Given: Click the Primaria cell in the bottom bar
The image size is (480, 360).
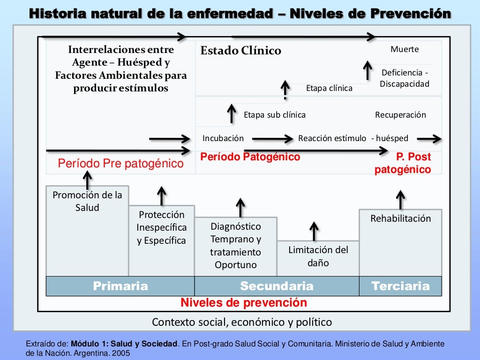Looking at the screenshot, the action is pyautogui.click(x=120, y=286).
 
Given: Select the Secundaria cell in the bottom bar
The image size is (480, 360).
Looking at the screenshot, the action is pyautogui.click(x=277, y=286).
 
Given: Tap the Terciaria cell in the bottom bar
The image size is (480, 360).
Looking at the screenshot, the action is pyautogui.click(x=400, y=286).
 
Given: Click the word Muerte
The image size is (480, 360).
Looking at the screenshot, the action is pyautogui.click(x=405, y=49).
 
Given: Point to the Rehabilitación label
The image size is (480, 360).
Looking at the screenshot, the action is pyautogui.click(x=400, y=218).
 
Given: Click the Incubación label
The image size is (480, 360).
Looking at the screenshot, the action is pyautogui.click(x=223, y=138).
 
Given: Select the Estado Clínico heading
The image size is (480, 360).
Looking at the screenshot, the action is pyautogui.click(x=240, y=51).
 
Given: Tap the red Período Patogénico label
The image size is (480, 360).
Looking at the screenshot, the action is pyautogui.click(x=250, y=157).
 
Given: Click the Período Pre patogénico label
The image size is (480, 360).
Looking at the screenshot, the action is pyautogui.click(x=120, y=164).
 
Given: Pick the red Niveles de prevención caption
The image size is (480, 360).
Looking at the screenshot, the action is pyautogui.click(x=244, y=303).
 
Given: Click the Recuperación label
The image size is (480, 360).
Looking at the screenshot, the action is pyautogui.click(x=400, y=115).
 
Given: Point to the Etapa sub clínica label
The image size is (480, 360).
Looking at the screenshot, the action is pyautogui.click(x=274, y=115).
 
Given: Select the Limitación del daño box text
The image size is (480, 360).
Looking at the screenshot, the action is pyautogui.click(x=318, y=256).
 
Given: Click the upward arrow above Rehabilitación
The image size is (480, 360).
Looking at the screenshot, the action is pyautogui.click(x=400, y=199).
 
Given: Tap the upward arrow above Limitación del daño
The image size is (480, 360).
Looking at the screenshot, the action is pyautogui.click(x=314, y=231).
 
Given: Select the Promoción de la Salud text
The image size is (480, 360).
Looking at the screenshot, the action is pyautogui.click(x=87, y=201).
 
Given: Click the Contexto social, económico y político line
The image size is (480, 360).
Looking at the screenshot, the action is pyautogui.click(x=242, y=322).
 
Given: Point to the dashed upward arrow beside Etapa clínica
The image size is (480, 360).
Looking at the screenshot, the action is pyautogui.click(x=285, y=90).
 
